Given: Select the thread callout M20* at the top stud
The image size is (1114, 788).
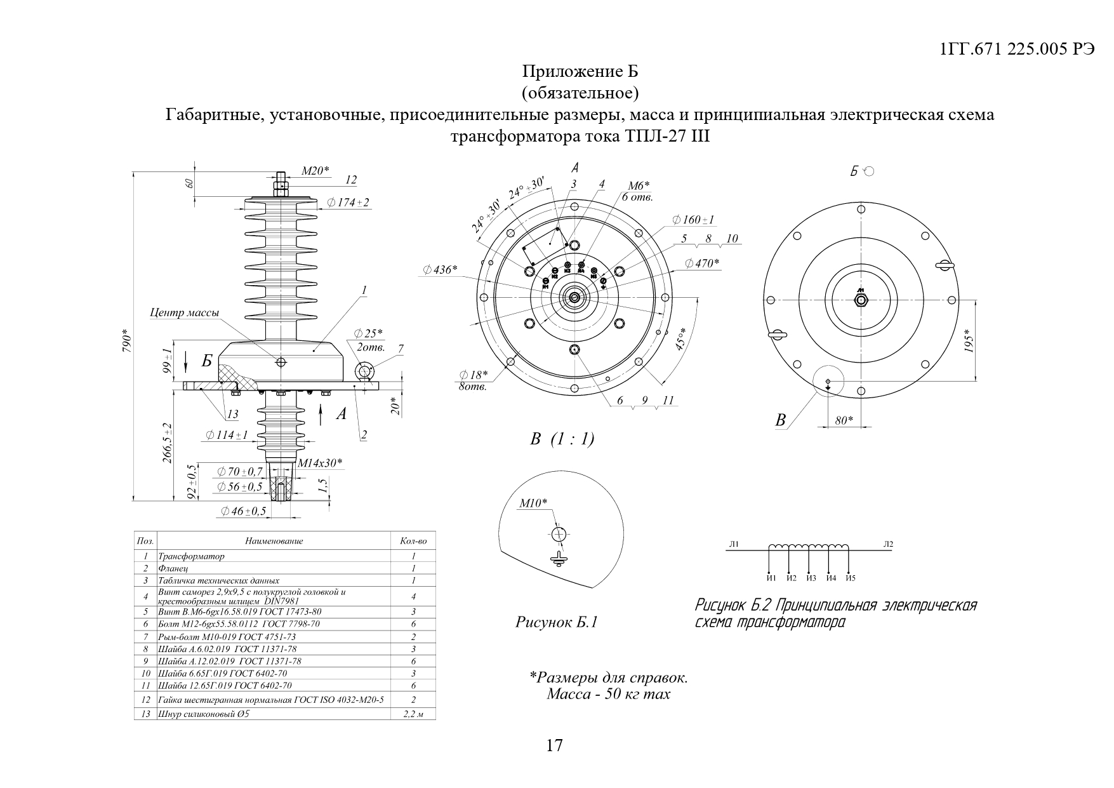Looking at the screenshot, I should (x=315, y=170).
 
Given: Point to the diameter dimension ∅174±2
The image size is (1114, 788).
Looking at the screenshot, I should (x=348, y=203).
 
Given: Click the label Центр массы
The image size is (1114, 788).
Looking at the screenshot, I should (x=185, y=312).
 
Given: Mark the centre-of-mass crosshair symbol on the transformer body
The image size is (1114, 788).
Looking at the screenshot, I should (x=281, y=362).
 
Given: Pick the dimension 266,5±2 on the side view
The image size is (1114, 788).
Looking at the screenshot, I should (x=167, y=443).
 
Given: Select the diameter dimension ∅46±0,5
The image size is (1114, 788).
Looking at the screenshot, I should (x=243, y=511).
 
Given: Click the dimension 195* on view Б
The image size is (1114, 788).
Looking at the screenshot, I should (x=967, y=343).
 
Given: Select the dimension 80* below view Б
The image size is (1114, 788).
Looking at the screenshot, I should (x=844, y=420).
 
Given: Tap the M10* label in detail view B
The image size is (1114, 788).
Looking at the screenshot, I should (x=533, y=504).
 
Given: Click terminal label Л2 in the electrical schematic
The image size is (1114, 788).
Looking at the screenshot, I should (x=887, y=544).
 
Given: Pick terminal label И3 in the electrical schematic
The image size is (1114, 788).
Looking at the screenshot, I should (x=811, y=578).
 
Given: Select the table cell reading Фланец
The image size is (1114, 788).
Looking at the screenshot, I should (x=175, y=568).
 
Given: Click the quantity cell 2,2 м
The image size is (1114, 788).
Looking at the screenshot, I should (x=413, y=714).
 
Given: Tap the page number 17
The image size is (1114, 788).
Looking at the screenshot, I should (x=554, y=745).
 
